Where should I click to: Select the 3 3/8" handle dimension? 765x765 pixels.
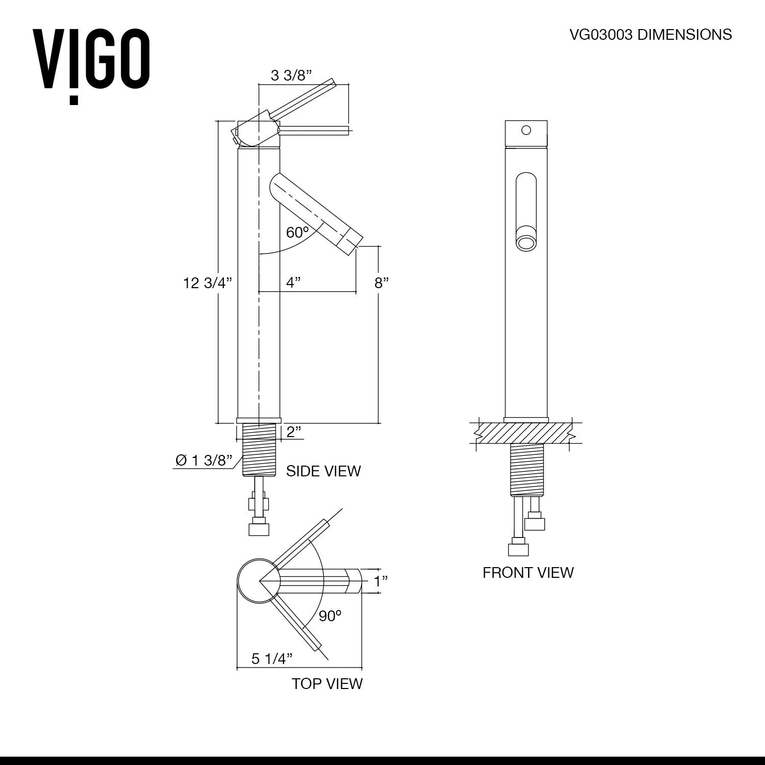pyautogui.click(x=291, y=76)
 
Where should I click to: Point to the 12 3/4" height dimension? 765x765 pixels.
pyautogui.click(x=208, y=283)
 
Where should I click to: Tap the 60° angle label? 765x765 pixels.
pyautogui.click(x=297, y=233)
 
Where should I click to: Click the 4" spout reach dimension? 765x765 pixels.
pyautogui.click(x=293, y=282)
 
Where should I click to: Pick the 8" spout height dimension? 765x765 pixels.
pyautogui.click(x=382, y=283)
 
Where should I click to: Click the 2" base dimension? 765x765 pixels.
pyautogui.click(x=293, y=432)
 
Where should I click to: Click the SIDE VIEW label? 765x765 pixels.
pyautogui.click(x=323, y=471)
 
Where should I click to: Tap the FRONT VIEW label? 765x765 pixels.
pyautogui.click(x=528, y=572)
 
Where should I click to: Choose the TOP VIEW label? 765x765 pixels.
pyautogui.click(x=327, y=683)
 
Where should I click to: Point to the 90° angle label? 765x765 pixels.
pyautogui.click(x=330, y=616)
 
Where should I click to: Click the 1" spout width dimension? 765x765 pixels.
pyautogui.click(x=381, y=581)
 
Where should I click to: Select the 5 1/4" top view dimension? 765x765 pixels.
pyautogui.click(x=272, y=659)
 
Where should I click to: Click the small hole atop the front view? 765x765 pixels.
pyautogui.click(x=526, y=130)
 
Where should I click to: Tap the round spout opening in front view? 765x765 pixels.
pyautogui.click(x=526, y=242)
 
